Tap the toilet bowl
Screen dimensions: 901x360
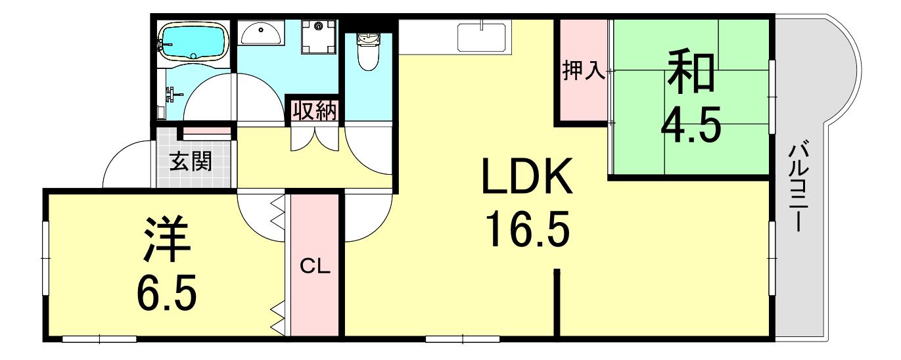click(368, 51)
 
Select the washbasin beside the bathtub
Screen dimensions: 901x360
click(261, 33)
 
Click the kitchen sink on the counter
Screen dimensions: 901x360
click(482, 37)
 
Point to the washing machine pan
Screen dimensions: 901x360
click(319, 37)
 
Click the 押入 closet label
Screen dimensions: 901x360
click(583, 71)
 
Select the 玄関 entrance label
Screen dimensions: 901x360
click(191, 162)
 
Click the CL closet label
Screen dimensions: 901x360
click(315, 266)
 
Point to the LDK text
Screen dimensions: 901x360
click(527, 176)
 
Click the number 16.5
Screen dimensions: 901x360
click(528, 229)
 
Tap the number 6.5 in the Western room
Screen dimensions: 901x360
click(166, 292)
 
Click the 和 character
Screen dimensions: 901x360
click(691, 71)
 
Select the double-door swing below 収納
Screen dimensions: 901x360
click(315, 139)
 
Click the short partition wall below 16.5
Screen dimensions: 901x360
click(557, 302)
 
